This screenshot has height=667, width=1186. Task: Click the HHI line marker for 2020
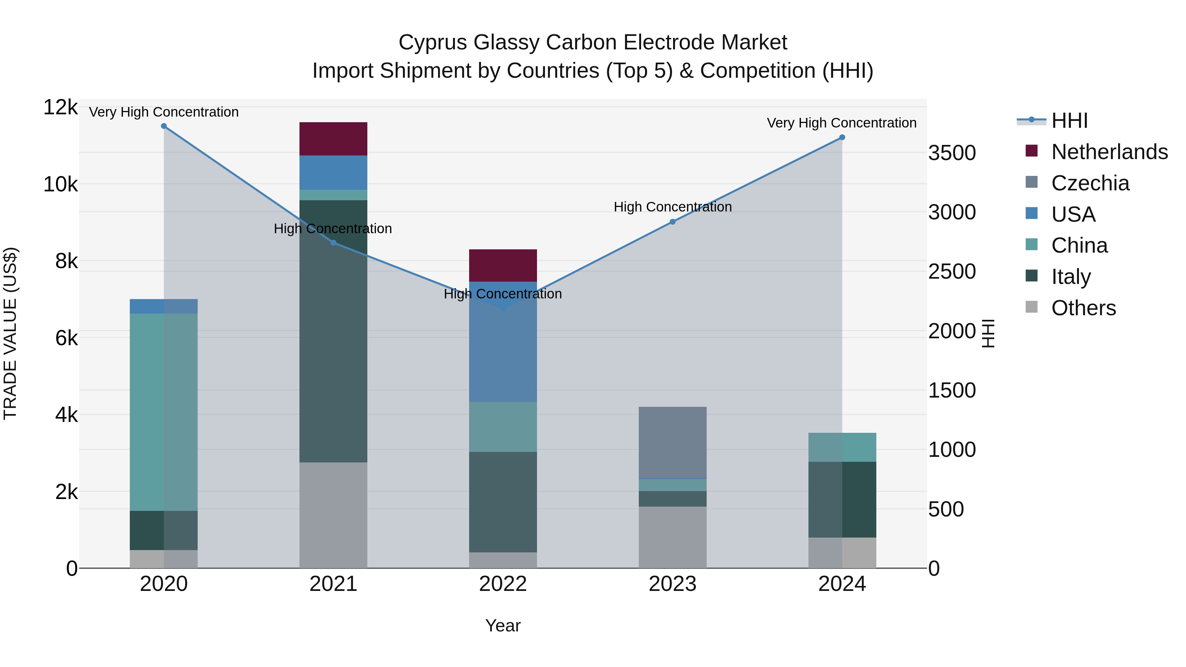point(164,126)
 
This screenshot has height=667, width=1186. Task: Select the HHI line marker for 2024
point(842,137)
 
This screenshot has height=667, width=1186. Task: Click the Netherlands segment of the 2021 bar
point(333,139)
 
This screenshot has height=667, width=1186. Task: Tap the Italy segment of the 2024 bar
point(842,499)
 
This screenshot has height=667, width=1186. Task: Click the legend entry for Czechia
point(1090,183)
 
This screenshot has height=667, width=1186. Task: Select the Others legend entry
point(1083,308)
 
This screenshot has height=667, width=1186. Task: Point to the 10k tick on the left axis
point(60,184)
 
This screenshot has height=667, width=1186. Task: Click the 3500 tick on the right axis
point(952,153)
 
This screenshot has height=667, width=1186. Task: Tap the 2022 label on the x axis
point(503,584)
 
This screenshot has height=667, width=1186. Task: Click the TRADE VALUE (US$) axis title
point(11,333)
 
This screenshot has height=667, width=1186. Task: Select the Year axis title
point(503,625)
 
